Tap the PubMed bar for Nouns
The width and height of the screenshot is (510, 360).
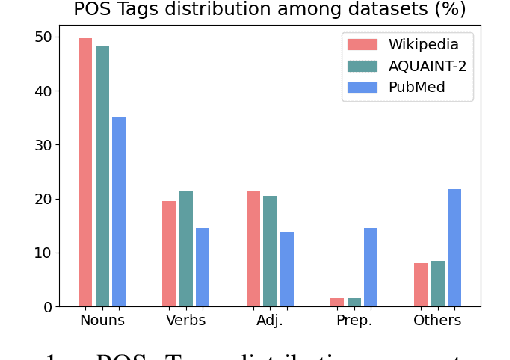click(119, 211)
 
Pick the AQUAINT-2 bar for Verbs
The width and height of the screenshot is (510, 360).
click(186, 248)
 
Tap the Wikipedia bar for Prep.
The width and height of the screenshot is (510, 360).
click(337, 301)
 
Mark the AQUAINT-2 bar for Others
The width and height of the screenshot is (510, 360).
click(438, 283)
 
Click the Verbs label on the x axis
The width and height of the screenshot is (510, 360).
click(186, 321)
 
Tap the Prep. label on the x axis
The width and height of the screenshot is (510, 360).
click(354, 321)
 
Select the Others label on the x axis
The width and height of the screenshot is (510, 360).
click(438, 321)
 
